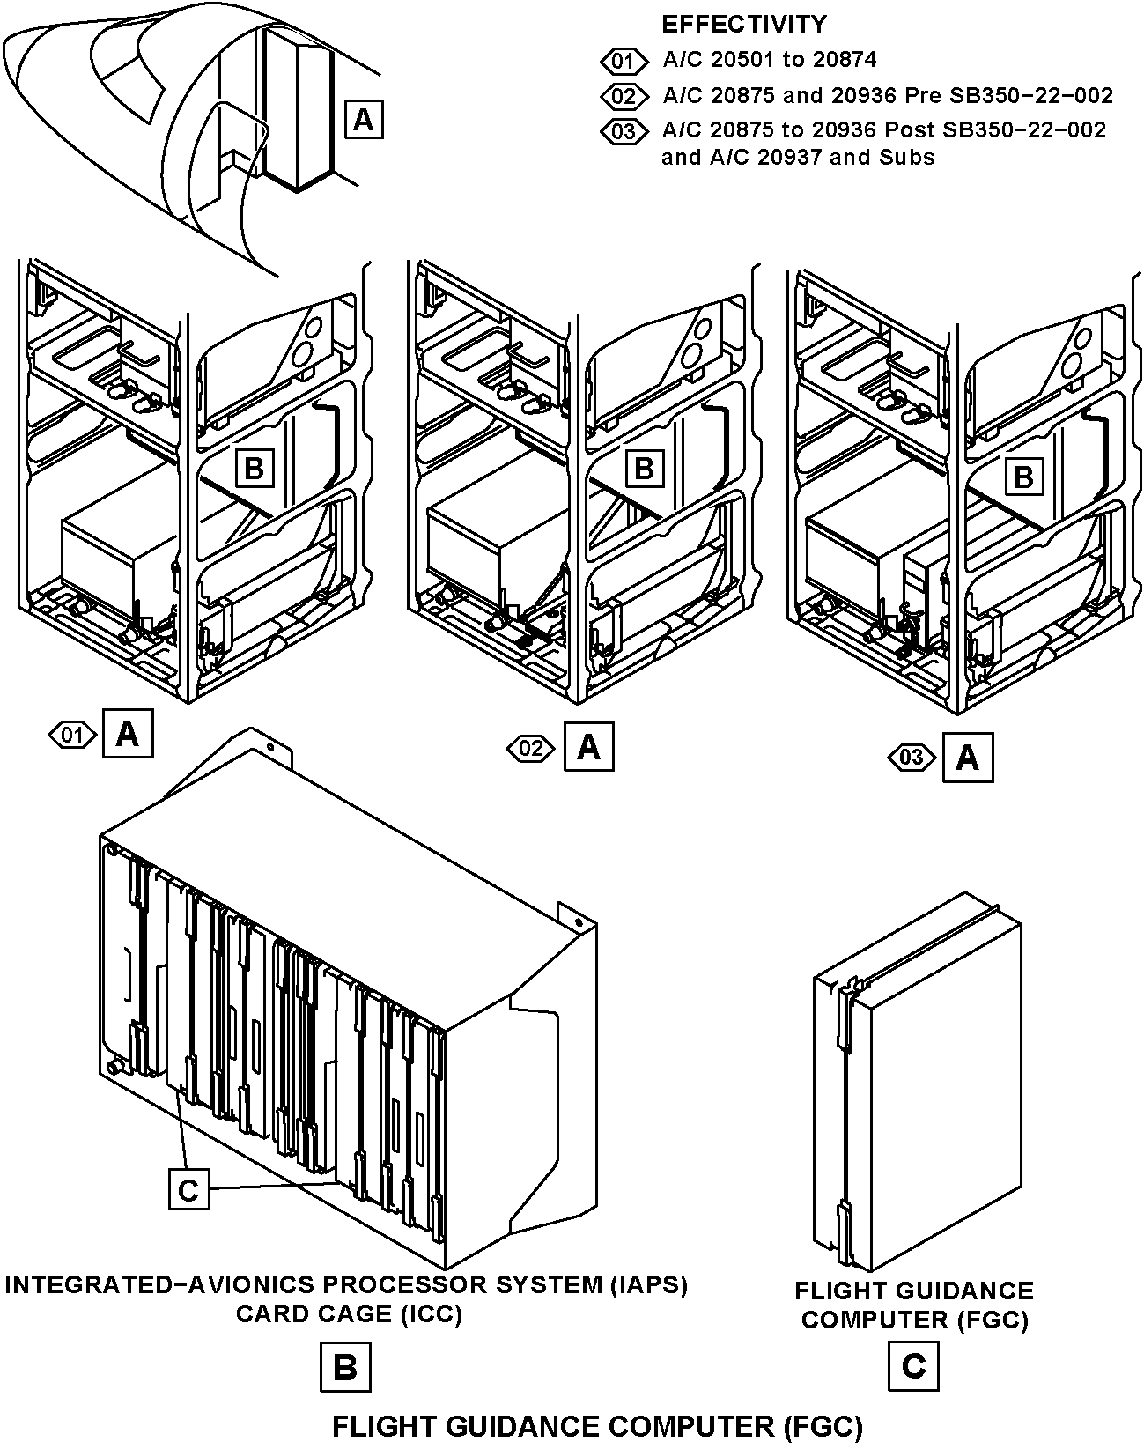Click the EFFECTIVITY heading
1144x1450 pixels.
point(744,25)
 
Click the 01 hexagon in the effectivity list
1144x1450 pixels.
point(624,61)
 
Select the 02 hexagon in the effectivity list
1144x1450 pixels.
point(624,96)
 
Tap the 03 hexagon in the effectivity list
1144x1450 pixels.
point(624,130)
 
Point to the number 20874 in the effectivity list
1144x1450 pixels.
point(845,60)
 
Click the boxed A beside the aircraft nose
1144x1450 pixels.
point(364,120)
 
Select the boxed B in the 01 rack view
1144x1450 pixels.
point(254,468)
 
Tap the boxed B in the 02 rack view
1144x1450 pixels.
point(644,469)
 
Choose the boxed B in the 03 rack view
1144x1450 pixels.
point(1024,477)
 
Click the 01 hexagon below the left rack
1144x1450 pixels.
point(72,735)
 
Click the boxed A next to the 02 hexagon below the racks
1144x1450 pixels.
point(589,746)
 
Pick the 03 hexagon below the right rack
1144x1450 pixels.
point(912,758)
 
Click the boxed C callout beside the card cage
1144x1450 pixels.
point(188,1191)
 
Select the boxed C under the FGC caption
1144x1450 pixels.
point(913,1366)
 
